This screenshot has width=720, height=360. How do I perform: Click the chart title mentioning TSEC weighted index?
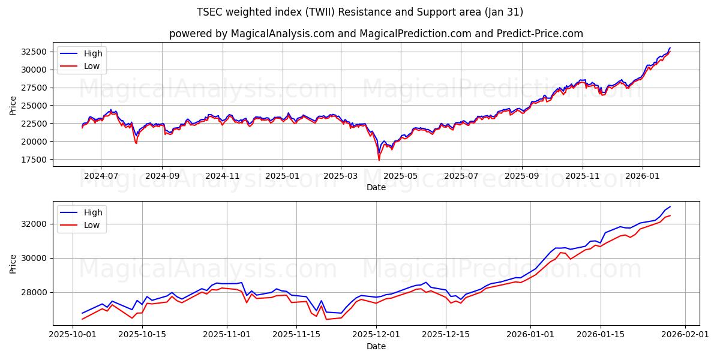360,12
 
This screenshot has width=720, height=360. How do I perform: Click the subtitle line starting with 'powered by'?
376,34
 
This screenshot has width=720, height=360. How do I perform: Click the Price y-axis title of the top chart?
13,105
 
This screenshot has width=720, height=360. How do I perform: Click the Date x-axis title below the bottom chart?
376,347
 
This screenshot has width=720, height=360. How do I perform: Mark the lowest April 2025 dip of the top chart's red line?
379,160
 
